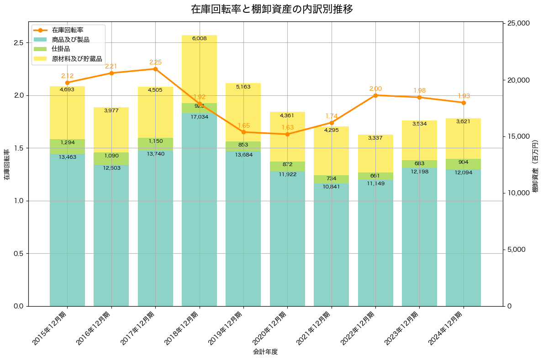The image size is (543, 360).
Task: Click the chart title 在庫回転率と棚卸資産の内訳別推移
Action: [271, 9]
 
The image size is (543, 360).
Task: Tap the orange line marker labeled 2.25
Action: [155, 69]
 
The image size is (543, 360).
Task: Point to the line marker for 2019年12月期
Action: [243, 132]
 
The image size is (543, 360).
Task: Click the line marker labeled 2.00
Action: [375, 95]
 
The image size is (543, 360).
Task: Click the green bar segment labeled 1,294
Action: [67, 146]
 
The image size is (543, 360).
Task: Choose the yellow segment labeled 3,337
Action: [375, 153]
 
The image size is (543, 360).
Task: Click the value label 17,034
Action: [199, 117]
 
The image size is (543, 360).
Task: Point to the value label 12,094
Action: [463, 172]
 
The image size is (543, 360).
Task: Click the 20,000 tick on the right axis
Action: [518, 80]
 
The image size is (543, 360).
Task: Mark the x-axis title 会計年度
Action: [265, 352]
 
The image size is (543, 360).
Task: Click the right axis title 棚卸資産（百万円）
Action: [535, 165]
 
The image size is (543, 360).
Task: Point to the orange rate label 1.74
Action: [332, 116]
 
